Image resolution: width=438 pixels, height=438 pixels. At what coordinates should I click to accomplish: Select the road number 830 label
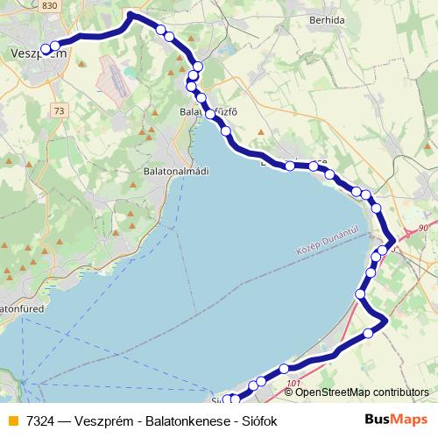[49, 6]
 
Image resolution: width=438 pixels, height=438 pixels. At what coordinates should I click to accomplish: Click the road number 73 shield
[59, 110]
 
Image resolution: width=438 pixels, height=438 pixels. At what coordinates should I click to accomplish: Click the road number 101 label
[293, 383]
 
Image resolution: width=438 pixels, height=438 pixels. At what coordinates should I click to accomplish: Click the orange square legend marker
[12, 421]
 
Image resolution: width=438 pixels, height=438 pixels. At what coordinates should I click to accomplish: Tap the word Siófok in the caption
[256, 421]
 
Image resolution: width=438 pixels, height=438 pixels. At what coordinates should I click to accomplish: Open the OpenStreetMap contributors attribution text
[362, 392]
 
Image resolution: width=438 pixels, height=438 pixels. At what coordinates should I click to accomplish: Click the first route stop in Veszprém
[45, 50]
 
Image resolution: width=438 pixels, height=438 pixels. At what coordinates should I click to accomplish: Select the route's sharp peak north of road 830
[131, 14]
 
